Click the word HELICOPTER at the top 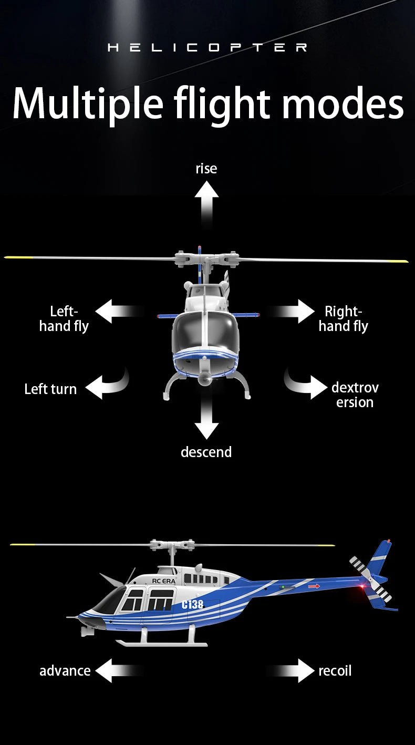(x=207, y=48)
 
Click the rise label (x=206, y=169)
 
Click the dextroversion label (x=355, y=395)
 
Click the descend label (x=206, y=452)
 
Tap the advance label (x=65, y=671)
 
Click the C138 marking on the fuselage (x=192, y=604)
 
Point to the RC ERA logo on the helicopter (x=164, y=581)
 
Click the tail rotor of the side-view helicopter (x=371, y=580)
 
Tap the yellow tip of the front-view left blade (x=16, y=257)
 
